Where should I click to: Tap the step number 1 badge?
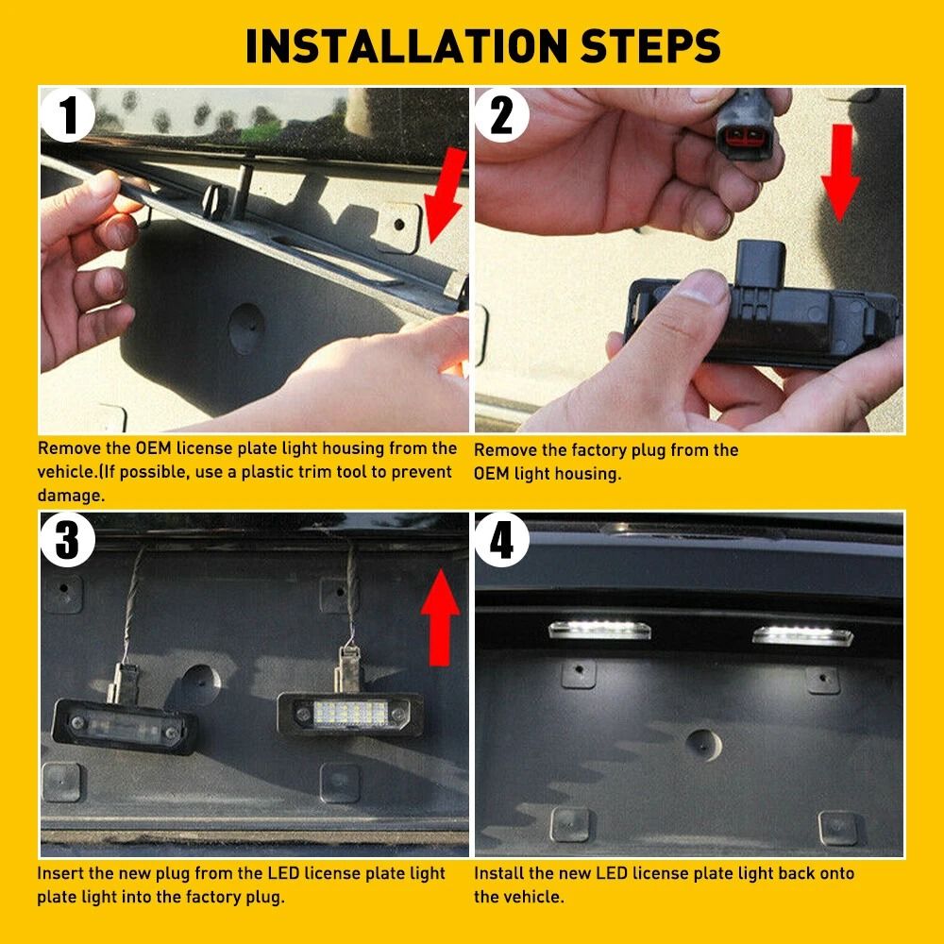69,116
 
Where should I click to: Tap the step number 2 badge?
503,116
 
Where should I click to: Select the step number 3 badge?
69,540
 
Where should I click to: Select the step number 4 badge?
503,540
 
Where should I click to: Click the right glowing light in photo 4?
802,635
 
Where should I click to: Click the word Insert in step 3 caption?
60,874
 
